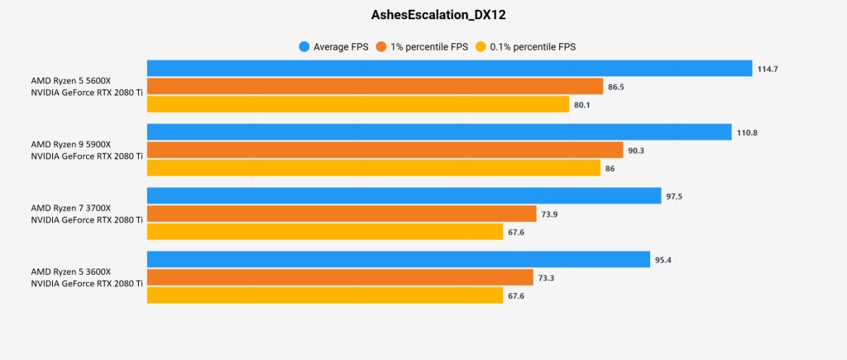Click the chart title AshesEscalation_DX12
pos(423,14)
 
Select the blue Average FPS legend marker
pos(304,47)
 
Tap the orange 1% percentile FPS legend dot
pos(381,47)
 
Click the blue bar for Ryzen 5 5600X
pos(449,69)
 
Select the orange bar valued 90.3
pos(385,150)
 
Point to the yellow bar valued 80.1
pos(358,105)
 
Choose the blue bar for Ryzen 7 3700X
pos(404,196)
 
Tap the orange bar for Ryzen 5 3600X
pos(340,277)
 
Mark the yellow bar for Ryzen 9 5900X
pos(374,168)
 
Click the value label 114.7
pos(768,69)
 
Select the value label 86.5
pos(617,86)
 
